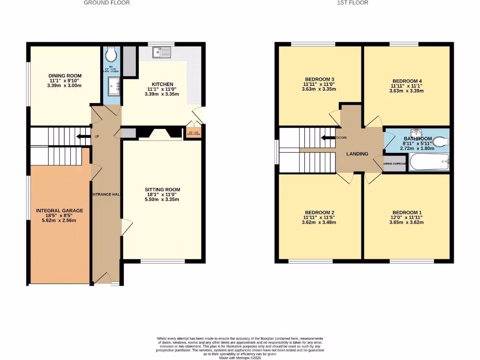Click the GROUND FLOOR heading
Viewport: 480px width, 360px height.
tap(107, 3)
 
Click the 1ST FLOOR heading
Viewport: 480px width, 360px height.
tap(352, 3)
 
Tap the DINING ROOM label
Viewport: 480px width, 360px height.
tap(65, 75)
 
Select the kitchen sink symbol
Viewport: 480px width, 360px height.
tap(165, 52)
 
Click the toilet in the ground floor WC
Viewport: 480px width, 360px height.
tap(111, 55)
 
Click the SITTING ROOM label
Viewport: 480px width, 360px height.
tap(162, 190)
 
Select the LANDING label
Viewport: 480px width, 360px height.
tap(357, 154)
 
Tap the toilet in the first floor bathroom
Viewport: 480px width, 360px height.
tap(439, 141)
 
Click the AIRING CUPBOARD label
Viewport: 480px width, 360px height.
tap(395, 164)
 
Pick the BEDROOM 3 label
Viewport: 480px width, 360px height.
tap(319, 79)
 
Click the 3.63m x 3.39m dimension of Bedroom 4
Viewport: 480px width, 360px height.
tap(406, 91)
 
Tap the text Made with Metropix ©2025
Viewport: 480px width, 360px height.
tap(240, 358)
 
